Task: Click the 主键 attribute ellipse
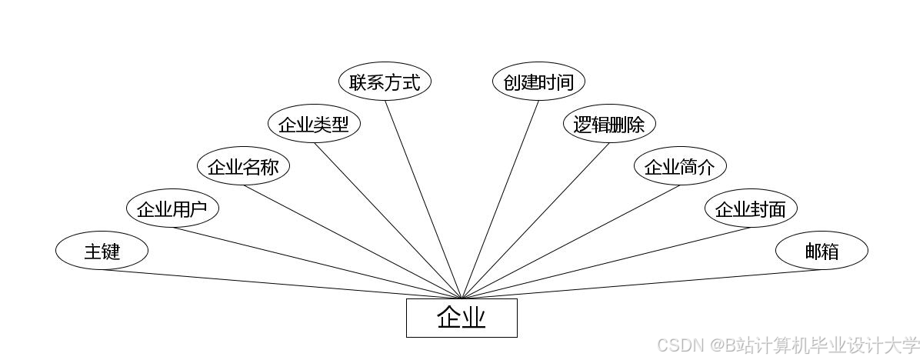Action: pos(102,251)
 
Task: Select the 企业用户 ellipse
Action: pos(172,208)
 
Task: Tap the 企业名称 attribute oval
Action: pos(243,167)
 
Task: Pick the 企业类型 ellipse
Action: pos(314,125)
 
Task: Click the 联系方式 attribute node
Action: pos(385,82)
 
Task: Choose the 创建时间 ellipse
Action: pos(538,82)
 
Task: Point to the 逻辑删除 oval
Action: pos(609,125)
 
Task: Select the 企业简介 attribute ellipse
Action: pos(680,167)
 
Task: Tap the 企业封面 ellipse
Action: pos(751,208)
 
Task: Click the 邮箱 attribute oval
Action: pos(821,251)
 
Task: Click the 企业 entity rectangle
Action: pos(461,318)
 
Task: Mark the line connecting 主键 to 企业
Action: pos(282,284)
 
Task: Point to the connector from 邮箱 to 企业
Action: pos(641,284)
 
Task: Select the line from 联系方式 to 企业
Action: pos(423,199)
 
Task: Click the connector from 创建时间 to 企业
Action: pos(500,199)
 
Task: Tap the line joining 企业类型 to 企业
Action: pos(388,221)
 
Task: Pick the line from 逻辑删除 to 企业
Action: pos(535,221)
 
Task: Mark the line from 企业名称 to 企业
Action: pos(352,242)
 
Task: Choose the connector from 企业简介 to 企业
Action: pos(571,242)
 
